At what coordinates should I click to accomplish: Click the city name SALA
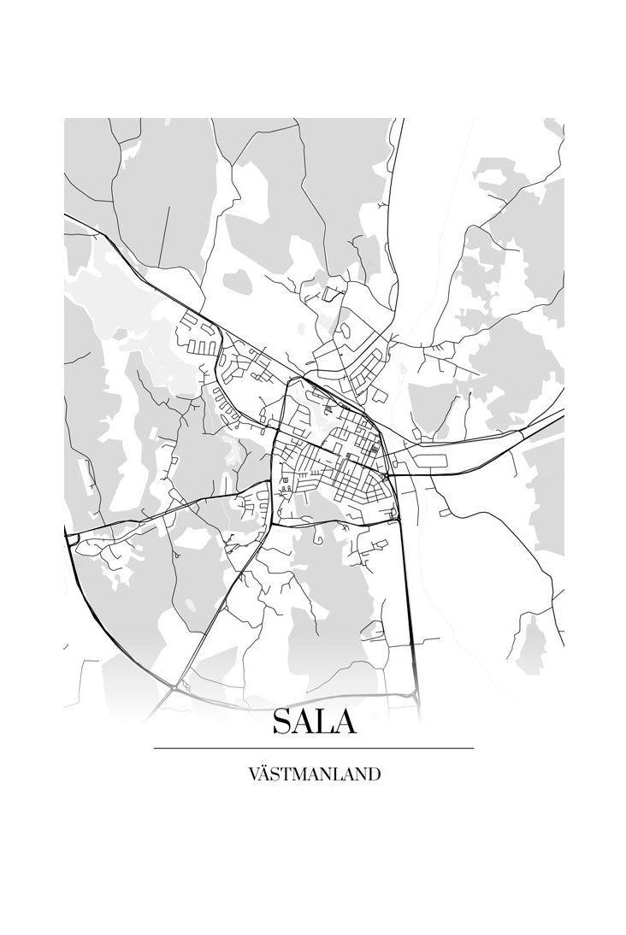[314, 722]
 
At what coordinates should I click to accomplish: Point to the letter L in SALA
[324, 722]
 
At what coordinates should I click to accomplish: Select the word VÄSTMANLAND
[314, 774]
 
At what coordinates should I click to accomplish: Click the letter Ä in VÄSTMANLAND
[266, 773]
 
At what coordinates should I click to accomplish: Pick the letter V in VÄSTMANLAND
[254, 774]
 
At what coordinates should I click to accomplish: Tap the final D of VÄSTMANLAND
[374, 774]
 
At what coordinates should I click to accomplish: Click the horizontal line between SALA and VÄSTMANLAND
[314, 748]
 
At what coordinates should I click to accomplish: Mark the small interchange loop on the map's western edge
[72, 538]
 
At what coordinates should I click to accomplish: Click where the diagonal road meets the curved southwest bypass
[174, 685]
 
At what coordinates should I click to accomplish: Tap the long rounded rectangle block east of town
[433, 462]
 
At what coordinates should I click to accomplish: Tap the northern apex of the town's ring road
[295, 378]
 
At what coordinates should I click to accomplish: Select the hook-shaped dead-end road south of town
[317, 538]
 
